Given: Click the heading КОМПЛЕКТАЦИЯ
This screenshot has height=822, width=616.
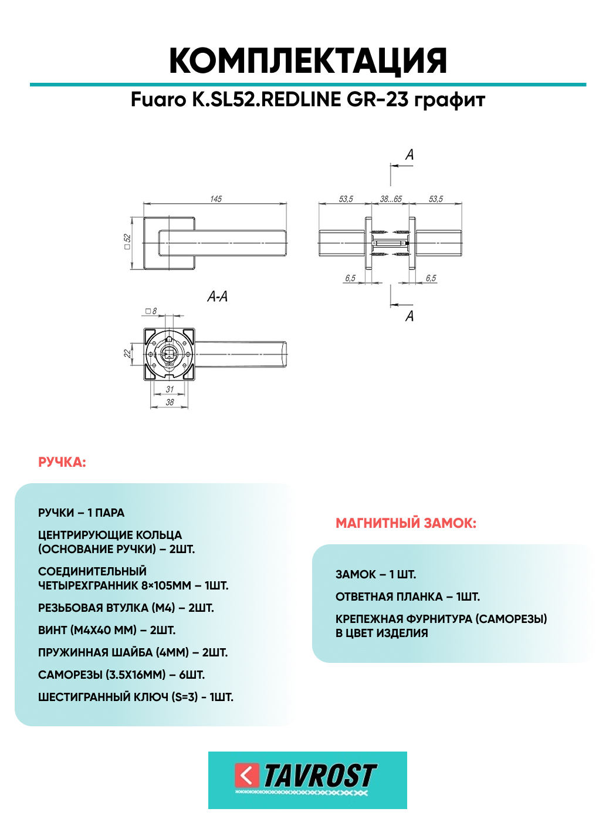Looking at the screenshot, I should pyautogui.click(x=308, y=61).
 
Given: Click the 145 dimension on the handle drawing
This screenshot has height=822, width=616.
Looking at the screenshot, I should pyautogui.click(x=216, y=199).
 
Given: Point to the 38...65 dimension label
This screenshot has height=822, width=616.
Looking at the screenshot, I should pyautogui.click(x=391, y=199).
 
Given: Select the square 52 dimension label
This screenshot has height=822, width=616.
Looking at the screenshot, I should pyautogui.click(x=127, y=241).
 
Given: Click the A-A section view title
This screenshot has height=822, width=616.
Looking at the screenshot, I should pyautogui.click(x=217, y=297).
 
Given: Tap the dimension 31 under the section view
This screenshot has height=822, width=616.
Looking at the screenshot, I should pyautogui.click(x=170, y=389).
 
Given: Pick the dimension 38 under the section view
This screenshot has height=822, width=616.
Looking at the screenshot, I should pyautogui.click(x=170, y=402).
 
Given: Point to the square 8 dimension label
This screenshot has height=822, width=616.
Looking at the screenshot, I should pyautogui.click(x=151, y=311).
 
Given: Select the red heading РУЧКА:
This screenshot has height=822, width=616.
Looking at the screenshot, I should pyautogui.click(x=62, y=463).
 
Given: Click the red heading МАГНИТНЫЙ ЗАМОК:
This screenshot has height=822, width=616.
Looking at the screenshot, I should pyautogui.click(x=406, y=523).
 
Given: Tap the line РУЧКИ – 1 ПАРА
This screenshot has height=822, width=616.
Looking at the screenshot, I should pyautogui.click(x=81, y=513).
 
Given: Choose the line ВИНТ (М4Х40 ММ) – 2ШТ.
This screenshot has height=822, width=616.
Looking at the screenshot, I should pyautogui.click(x=107, y=631).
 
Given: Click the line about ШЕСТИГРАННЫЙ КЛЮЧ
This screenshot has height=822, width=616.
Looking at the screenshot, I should pyautogui.click(x=136, y=698).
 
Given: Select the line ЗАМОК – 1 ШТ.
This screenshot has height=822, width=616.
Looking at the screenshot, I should pyautogui.click(x=375, y=575).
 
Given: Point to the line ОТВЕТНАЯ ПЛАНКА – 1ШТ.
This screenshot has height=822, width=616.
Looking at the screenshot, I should pyautogui.click(x=408, y=597).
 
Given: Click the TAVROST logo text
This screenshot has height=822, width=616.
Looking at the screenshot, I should pyautogui.click(x=320, y=776).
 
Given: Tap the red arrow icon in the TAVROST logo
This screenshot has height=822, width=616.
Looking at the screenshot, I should pyautogui.click(x=246, y=775).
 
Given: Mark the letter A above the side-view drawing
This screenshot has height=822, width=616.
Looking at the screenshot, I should pyautogui.click(x=409, y=154).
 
